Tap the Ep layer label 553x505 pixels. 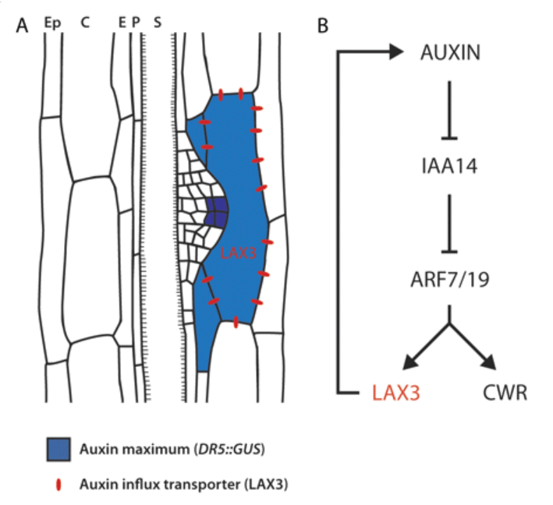tap(52, 23)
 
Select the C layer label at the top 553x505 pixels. tap(84, 23)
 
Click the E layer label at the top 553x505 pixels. tap(122, 23)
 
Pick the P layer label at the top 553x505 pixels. tap(135, 23)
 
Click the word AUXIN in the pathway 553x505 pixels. tap(448, 53)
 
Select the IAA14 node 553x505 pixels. tap(448, 166)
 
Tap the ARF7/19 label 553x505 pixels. tap(448, 278)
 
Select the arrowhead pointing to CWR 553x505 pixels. tap(489, 363)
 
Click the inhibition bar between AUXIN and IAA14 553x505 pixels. tap(448, 137)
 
